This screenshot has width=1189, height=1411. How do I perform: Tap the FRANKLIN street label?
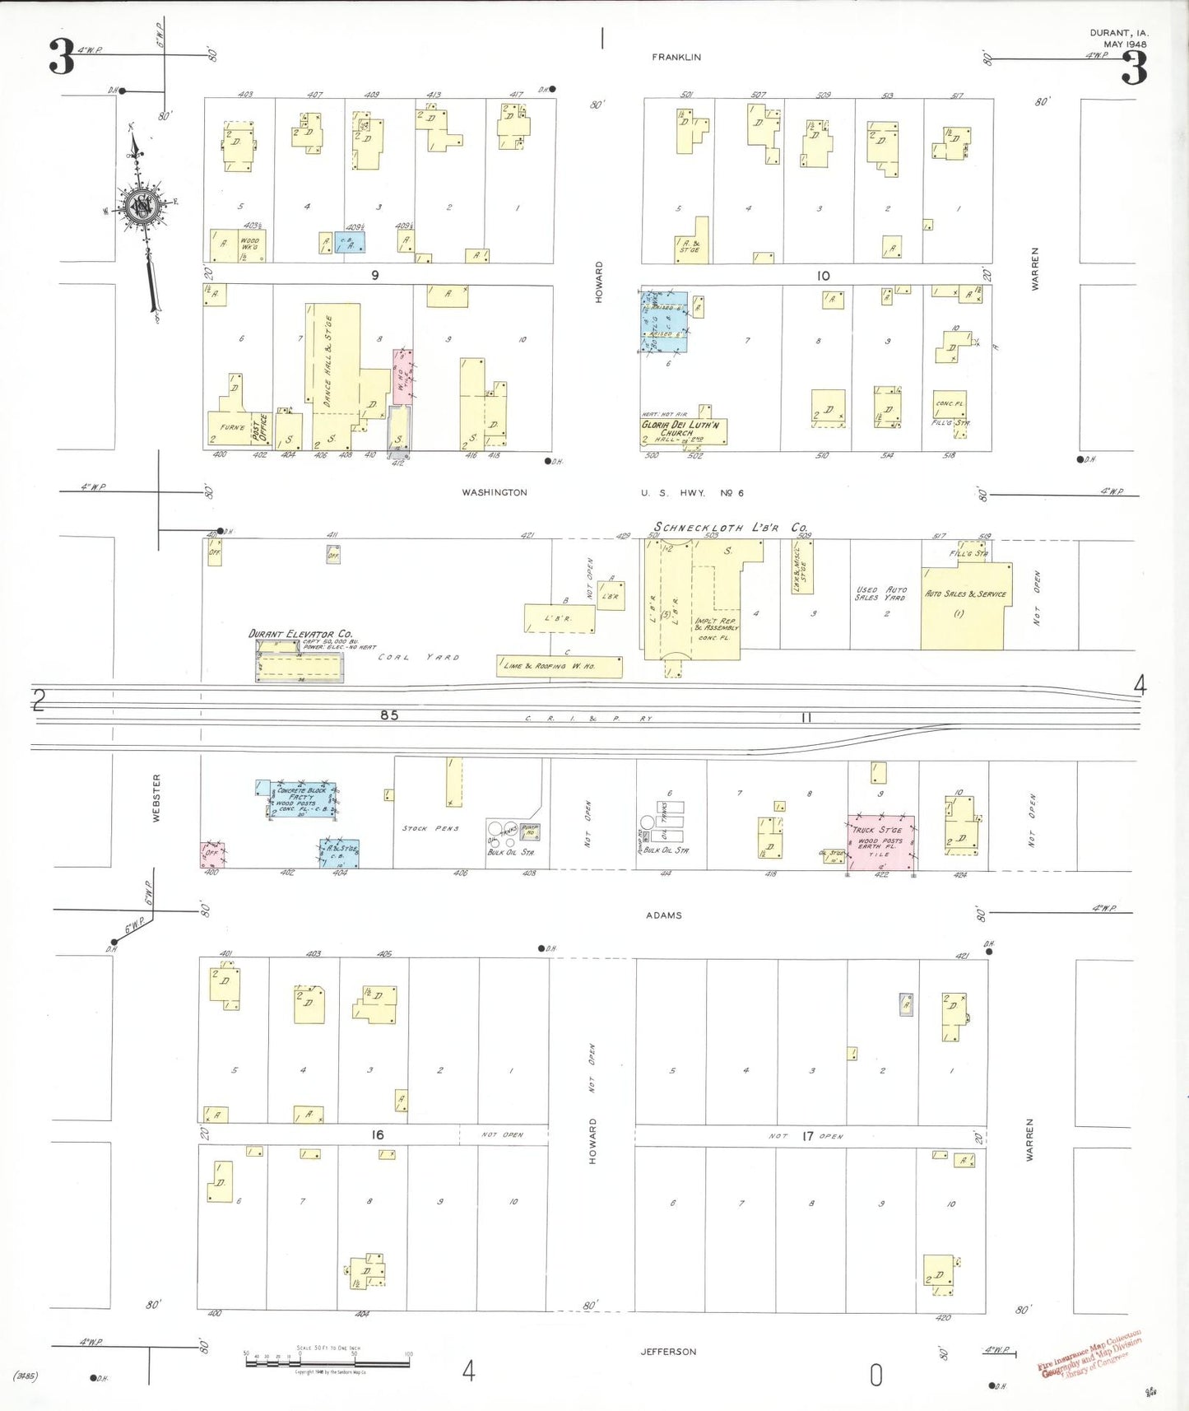pyautogui.click(x=676, y=57)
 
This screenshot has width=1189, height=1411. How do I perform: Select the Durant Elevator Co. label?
pyautogui.click(x=300, y=634)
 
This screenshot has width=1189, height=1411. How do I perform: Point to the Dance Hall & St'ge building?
pyautogui.click(x=333, y=362)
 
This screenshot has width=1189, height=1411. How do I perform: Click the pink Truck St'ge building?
pyautogui.click(x=881, y=841)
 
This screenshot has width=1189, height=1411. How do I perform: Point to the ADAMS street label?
pyautogui.click(x=663, y=915)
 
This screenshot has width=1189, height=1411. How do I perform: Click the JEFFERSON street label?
pyautogui.click(x=668, y=1351)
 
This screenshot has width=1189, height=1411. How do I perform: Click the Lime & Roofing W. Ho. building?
pyautogui.click(x=560, y=666)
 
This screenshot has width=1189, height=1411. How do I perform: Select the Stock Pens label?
pyautogui.click(x=430, y=828)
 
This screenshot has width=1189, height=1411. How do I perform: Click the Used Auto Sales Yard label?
pyautogui.click(x=880, y=594)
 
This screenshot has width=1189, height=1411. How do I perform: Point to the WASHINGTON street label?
pyautogui.click(x=494, y=492)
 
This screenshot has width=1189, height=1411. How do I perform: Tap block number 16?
pyautogui.click(x=377, y=1134)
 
